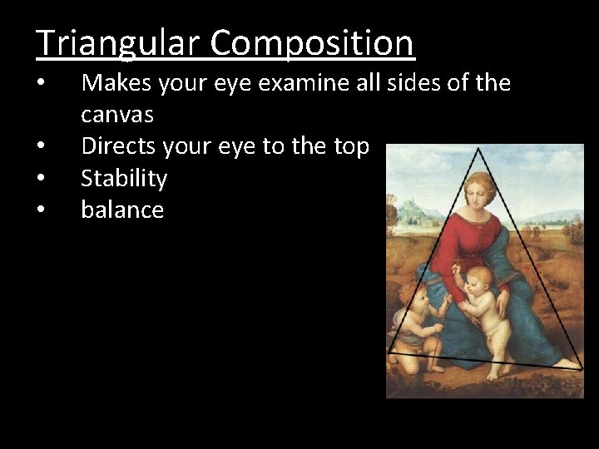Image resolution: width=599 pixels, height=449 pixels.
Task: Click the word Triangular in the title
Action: [111, 42]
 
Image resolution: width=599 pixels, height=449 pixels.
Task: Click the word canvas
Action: [117, 114]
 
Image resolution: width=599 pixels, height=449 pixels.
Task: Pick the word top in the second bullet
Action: [351, 147]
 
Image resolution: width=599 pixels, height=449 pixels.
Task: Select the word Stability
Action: [124, 178]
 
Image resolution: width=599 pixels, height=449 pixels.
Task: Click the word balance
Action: [122, 210]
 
